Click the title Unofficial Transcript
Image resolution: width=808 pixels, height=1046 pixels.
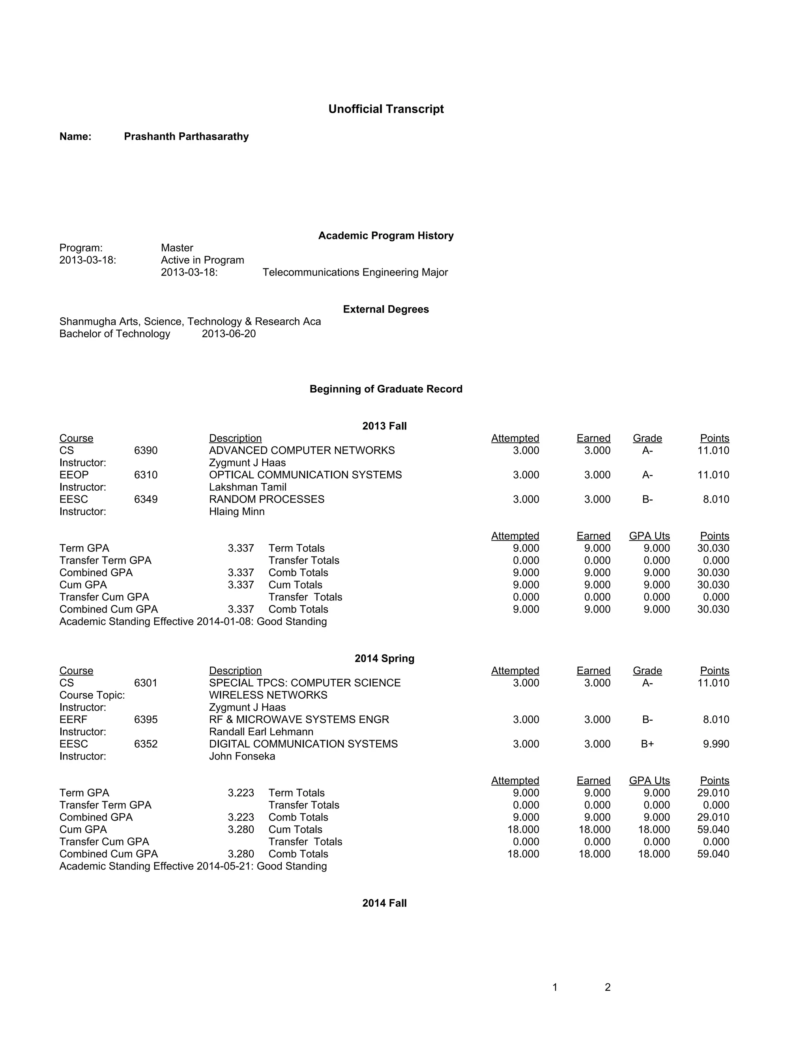click(386, 109)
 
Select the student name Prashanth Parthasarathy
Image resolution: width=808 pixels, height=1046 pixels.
click(186, 137)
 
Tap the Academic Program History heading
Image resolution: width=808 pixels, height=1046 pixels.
click(386, 236)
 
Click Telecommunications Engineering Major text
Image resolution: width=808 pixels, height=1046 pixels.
click(355, 272)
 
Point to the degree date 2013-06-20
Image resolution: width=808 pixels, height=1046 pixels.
click(229, 334)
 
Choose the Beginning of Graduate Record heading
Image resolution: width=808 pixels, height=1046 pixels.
click(386, 389)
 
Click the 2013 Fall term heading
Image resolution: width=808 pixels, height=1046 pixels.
click(384, 426)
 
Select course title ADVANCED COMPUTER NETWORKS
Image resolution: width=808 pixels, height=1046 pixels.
click(302, 451)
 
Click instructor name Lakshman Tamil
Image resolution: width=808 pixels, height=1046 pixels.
click(247, 487)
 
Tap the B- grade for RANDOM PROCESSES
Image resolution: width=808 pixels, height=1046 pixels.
click(647, 500)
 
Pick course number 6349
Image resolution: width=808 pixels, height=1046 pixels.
click(146, 500)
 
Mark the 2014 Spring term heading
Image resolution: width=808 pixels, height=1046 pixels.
click(384, 658)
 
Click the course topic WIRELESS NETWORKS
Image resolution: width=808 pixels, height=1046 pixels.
click(268, 695)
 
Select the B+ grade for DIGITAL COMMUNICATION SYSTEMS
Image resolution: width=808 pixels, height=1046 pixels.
click(647, 744)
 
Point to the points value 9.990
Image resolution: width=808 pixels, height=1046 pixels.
click(716, 744)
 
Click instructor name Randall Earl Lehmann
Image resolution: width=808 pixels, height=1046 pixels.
click(261, 732)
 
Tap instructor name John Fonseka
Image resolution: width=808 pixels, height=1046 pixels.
click(242, 756)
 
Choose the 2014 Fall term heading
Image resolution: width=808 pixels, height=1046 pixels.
click(384, 903)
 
